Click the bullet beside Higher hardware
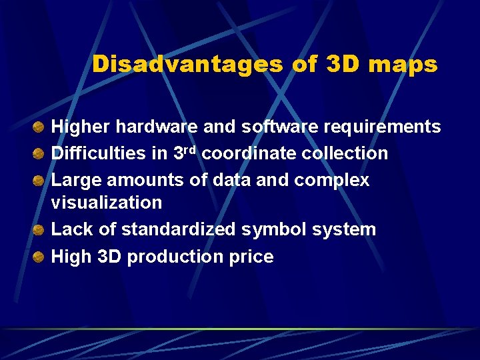tap(40, 127)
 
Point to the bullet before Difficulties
tap(40, 154)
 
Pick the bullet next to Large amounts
tap(40, 181)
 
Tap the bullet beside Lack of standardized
tap(40, 230)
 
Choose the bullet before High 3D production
tap(40, 257)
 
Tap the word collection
tap(345, 154)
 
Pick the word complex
tap(331, 181)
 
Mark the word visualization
tap(107, 203)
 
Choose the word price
tap(252, 257)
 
